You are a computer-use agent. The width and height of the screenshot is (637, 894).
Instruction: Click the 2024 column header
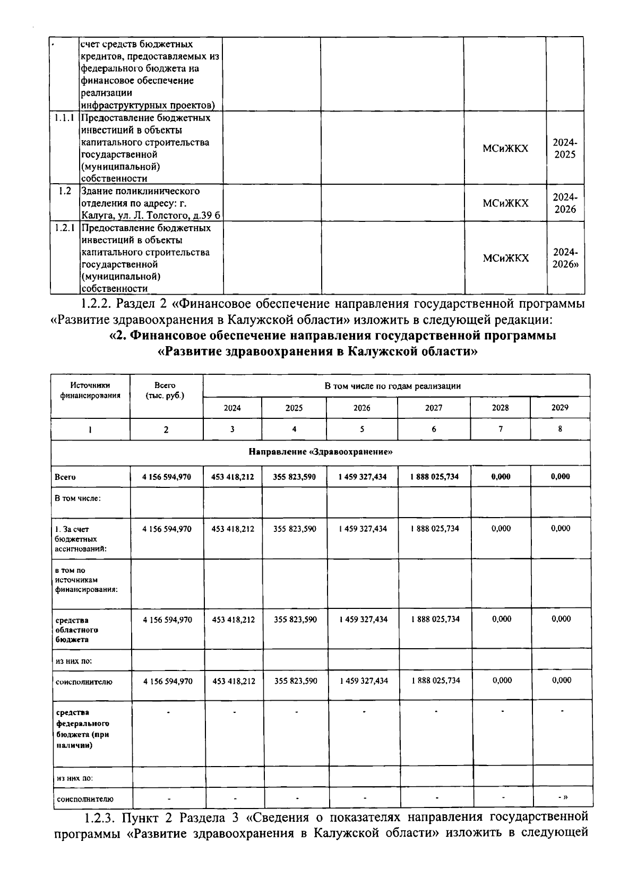232,408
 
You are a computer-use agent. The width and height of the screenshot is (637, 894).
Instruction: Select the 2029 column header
559,407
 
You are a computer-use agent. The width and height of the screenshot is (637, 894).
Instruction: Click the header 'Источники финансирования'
90,390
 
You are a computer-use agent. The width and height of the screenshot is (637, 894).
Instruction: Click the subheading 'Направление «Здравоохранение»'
320,452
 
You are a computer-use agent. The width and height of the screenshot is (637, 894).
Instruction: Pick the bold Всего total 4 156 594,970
166,477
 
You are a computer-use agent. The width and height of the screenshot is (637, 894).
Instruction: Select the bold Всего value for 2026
362,477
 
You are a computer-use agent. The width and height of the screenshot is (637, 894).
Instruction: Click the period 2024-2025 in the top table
565,149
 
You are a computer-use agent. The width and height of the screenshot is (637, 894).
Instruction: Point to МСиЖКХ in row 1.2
505,203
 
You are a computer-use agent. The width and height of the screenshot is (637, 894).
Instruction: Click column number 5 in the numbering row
362,429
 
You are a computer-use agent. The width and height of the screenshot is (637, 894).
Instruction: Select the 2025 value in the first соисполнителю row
295,681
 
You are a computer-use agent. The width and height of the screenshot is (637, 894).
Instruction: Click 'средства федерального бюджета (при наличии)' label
82,729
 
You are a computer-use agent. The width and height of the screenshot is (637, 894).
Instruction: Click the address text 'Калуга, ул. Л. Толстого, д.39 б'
150,216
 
